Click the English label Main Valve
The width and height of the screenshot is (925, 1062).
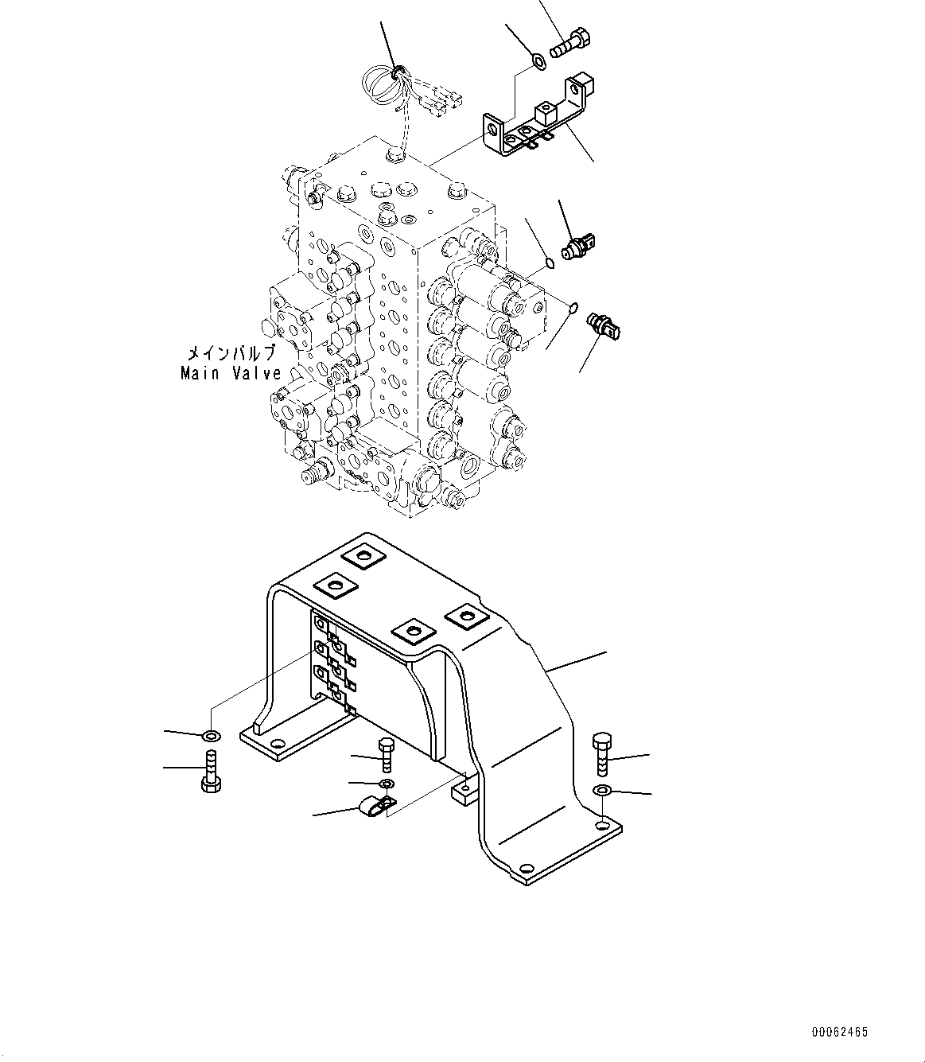click(231, 372)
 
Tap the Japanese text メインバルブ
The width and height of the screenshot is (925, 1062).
click(231, 353)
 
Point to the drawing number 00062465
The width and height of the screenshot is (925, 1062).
click(839, 1033)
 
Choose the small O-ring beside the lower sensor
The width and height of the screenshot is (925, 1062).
click(572, 305)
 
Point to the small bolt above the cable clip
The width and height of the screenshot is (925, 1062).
click(385, 753)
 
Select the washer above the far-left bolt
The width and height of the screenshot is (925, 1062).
click(212, 733)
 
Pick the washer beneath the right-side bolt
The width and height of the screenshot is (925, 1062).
click(602, 790)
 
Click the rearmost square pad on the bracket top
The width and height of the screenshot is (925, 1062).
click(363, 556)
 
